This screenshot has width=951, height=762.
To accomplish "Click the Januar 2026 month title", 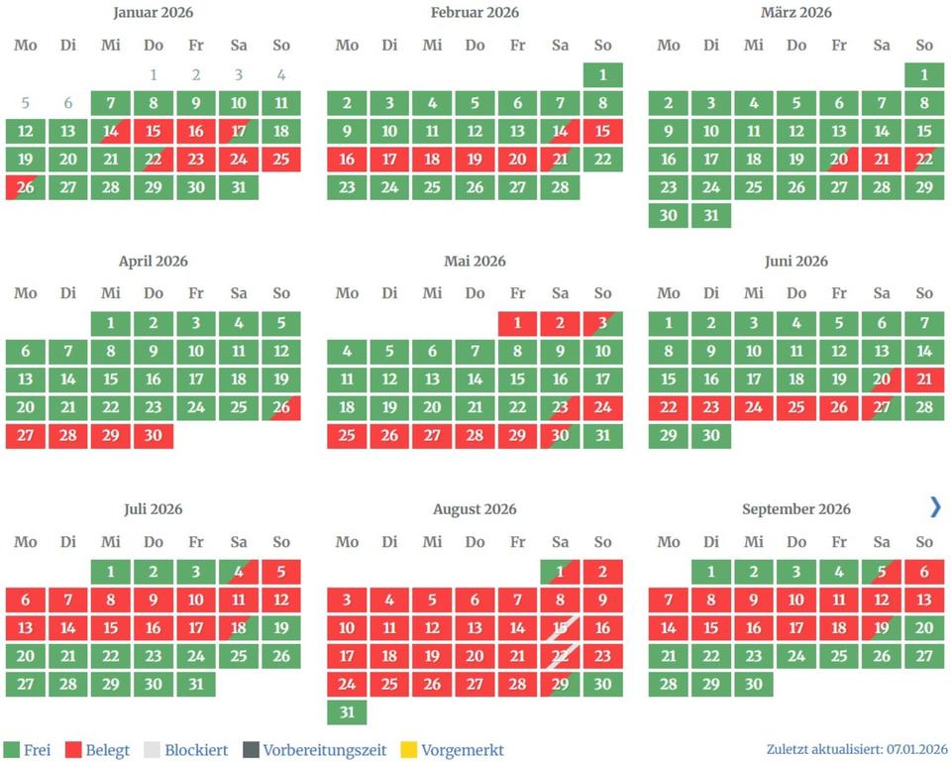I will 154,13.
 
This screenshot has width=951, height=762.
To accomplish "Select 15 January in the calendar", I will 154,132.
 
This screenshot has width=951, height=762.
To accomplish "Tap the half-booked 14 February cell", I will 561,132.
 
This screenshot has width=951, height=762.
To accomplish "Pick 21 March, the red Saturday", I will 882,160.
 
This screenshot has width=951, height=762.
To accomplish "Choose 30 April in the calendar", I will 154,436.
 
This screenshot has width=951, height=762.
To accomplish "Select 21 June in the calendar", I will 924,380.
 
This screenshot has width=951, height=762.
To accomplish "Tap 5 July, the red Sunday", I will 281,572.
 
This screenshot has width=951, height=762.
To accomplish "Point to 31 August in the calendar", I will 347,712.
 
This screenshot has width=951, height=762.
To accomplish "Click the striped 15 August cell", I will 561,628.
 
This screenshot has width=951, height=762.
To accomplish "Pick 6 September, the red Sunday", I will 924,572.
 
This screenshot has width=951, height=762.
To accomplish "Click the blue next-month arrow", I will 935,507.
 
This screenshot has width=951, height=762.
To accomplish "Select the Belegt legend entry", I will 96,750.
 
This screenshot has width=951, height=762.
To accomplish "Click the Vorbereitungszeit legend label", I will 324,750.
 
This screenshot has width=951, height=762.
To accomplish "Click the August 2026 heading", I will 475,509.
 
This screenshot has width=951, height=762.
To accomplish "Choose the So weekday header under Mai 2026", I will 603,293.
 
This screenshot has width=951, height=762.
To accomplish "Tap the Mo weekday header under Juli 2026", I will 26,542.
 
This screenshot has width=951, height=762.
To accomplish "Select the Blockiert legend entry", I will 185,750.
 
